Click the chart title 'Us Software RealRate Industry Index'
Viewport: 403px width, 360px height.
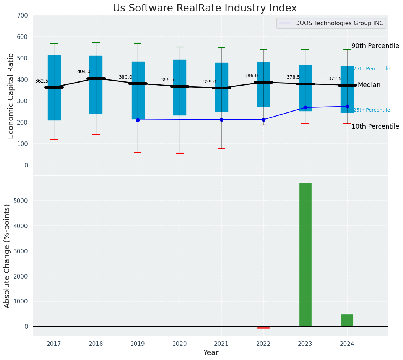205,8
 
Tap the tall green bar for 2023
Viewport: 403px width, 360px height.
305,255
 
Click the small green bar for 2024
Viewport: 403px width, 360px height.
347,320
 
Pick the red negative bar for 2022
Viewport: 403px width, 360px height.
263,328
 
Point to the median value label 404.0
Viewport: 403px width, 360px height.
84,71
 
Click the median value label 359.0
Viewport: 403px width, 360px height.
210,82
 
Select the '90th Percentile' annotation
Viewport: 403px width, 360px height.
375,46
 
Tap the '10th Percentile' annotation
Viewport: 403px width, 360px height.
375,126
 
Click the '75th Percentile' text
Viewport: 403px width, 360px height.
372,69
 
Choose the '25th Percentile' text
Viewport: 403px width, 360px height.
372,110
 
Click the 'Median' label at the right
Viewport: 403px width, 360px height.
369,85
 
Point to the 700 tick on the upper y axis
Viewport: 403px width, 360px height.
23,15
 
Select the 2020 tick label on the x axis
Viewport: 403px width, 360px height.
180,344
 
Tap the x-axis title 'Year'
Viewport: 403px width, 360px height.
211,353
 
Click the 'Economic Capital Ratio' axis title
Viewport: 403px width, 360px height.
11,96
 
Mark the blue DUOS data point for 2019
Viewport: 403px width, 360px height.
138,120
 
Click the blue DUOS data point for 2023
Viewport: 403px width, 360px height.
305,107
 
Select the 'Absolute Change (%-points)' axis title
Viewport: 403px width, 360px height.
7,256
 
